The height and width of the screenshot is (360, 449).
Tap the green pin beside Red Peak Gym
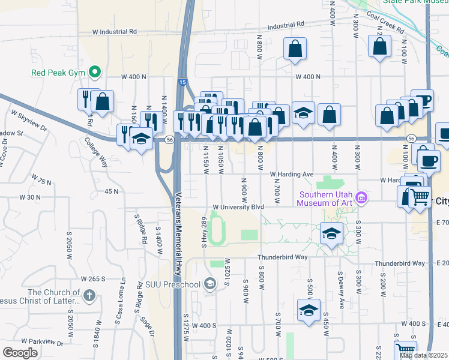pyautogui.click(x=94, y=73)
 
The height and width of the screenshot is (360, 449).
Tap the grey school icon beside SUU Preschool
pyautogui.click(x=209, y=283)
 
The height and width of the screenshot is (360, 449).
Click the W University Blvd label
pyautogui.click(x=238, y=206)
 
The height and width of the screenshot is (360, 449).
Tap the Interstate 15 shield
pyautogui.click(x=182, y=82)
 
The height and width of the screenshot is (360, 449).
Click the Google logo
pyautogui.click(x=20, y=353)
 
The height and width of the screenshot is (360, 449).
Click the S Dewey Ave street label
pyautogui.click(x=342, y=294)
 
